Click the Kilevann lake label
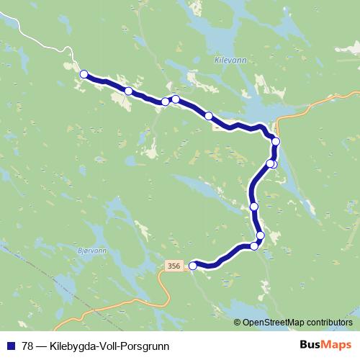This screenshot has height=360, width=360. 231,62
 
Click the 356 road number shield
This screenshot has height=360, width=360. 173,265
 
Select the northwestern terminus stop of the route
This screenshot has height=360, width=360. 84,73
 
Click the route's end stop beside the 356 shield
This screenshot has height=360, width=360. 192,266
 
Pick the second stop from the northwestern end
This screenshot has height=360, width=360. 128,91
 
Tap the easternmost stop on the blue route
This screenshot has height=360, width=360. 276,141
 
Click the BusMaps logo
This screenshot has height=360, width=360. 325,344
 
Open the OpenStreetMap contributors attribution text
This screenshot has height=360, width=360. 298,322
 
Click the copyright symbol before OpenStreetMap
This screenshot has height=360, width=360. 238,322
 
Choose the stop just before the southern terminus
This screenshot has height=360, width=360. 254,246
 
